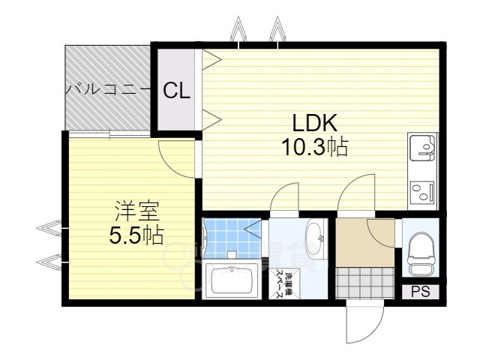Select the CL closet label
coord(177,91)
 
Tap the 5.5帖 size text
coord(136,235)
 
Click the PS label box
coord(420,292)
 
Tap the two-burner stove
coord(422,192)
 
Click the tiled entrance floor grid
coord(364,284)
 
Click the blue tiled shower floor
coord(229,236)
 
